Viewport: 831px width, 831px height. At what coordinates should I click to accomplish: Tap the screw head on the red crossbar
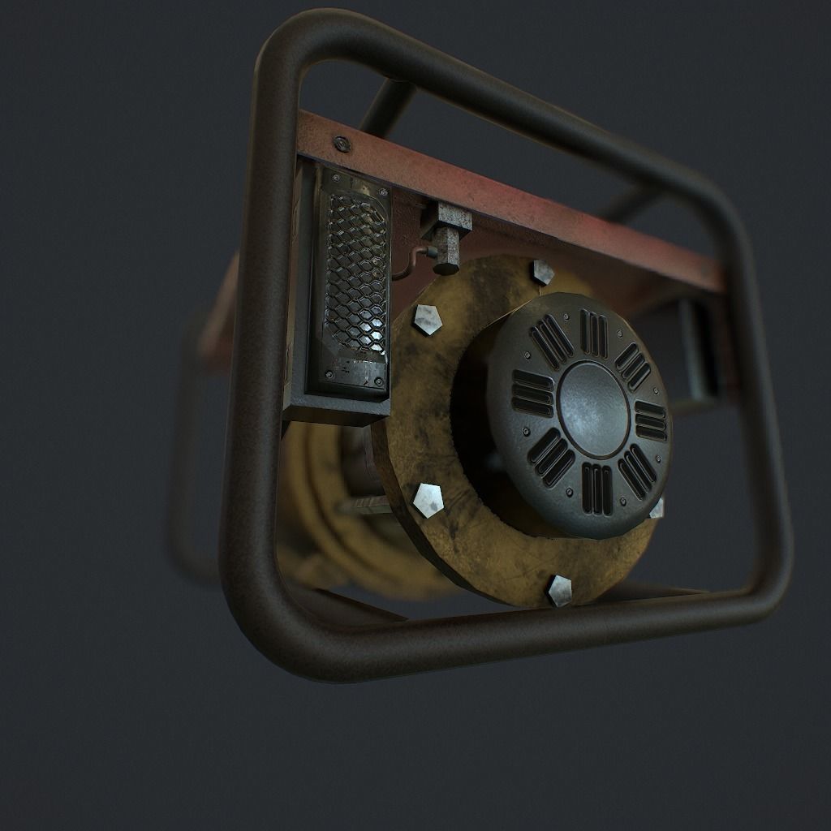coord(341,145)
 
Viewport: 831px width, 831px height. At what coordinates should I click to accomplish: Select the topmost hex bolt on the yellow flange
coord(541,272)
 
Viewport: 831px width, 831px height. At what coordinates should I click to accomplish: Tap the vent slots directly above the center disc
coord(595,333)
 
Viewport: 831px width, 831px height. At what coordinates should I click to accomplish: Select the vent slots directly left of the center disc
coord(532,393)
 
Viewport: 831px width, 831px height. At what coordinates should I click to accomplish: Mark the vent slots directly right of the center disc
coord(650,420)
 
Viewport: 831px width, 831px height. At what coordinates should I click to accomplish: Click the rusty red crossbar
coord(519,199)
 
